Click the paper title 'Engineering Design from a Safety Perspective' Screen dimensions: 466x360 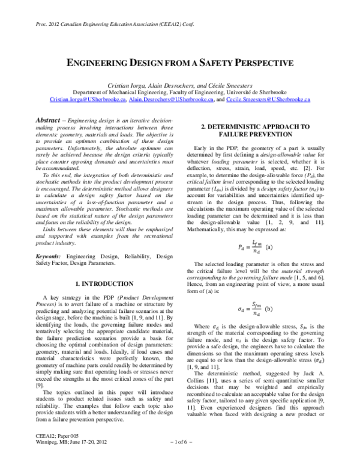click(x=179, y=62)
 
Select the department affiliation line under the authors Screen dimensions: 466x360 click(x=179, y=93)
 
